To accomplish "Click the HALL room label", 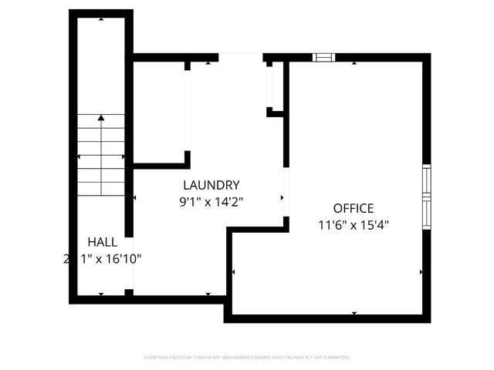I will click(103, 241).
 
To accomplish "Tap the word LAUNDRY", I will click(211, 185).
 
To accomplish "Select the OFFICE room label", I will click(354, 208).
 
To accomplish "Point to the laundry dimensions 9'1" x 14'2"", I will click(211, 203).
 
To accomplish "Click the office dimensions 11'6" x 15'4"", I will click(354, 226).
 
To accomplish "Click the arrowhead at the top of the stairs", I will click(101, 118).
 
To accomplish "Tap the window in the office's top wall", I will click(324, 57).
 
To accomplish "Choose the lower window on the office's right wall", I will click(426, 213).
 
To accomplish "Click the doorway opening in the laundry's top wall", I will click(241, 57).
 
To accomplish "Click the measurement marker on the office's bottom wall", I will click(354, 313).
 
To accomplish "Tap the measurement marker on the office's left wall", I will click(234, 271).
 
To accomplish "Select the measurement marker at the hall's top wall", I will click(101, 18).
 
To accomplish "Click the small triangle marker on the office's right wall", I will click(421, 271).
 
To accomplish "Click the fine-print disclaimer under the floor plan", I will click(247, 358).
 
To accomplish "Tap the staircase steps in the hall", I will click(101, 154).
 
